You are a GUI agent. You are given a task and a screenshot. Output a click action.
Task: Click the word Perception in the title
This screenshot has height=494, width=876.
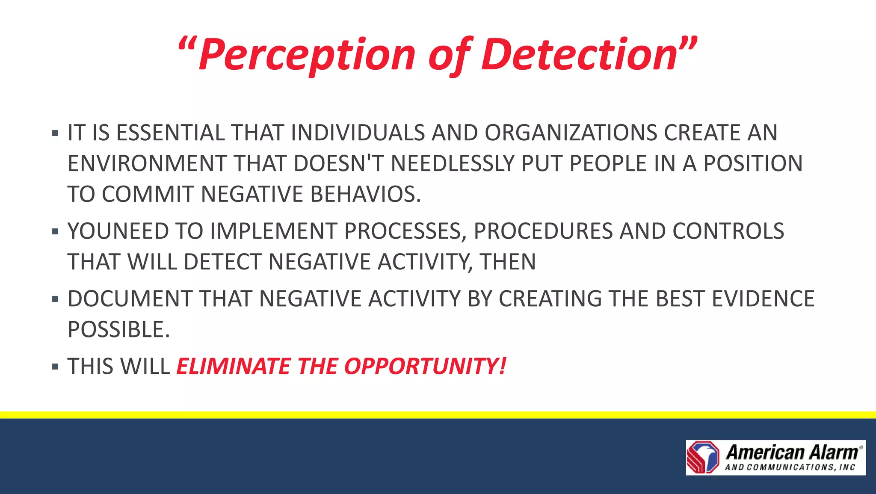coord(307,55)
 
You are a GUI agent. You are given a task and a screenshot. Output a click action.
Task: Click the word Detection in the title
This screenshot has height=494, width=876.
coord(580,55)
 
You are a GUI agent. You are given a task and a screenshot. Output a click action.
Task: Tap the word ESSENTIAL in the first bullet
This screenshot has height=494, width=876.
coord(170,133)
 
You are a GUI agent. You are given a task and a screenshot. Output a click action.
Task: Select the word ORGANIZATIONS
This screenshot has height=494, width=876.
coord(571,133)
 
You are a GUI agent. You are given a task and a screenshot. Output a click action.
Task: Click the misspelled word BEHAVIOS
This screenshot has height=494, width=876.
coord(365,194)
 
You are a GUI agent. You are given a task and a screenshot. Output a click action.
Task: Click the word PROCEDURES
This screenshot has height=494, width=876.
coord(543,231)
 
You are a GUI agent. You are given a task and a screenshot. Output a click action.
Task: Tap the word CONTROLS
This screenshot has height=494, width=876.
coord(728,231)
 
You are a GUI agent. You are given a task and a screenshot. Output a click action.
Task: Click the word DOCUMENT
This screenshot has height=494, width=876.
coord(130,299)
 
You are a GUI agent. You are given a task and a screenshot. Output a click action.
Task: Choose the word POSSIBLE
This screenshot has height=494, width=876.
coord(118,329)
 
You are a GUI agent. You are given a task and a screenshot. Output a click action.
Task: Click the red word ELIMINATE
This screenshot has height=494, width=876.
coord(234,367)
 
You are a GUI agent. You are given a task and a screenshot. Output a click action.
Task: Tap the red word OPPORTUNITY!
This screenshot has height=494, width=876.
coord(425,367)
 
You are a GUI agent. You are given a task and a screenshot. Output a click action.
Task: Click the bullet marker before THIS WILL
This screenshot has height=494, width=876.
coord(55,367)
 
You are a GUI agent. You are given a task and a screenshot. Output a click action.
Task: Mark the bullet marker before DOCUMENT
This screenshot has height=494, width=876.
coord(55,299)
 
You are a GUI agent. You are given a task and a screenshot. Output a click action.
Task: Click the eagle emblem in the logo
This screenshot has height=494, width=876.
coord(703,458)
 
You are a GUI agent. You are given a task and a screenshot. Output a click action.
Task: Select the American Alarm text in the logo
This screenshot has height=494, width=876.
coord(793,452)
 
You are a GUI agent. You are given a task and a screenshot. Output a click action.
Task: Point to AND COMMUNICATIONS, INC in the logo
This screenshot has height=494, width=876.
coord(790,467)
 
